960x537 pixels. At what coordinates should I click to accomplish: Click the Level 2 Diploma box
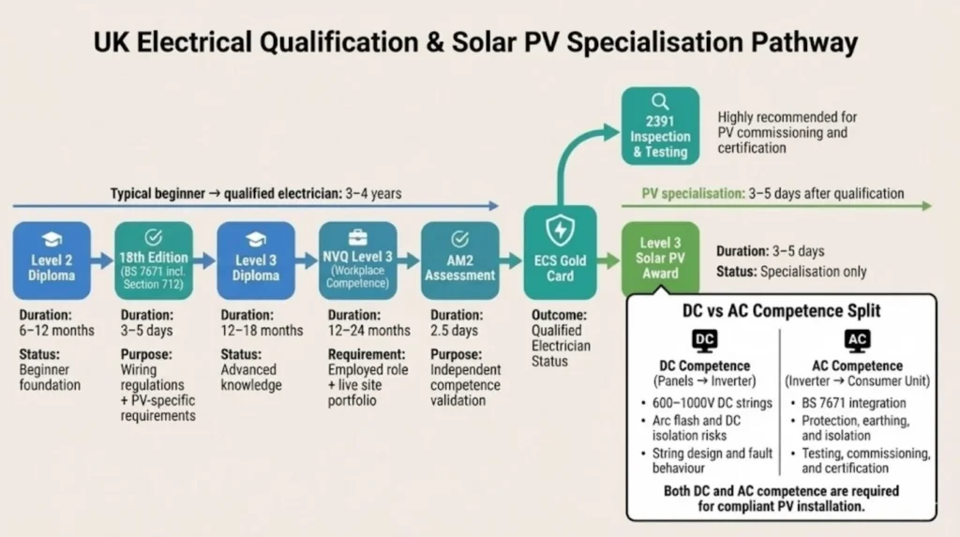click(52, 260)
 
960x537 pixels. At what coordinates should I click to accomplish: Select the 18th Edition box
click(153, 260)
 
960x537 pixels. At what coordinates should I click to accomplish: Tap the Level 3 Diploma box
click(256, 260)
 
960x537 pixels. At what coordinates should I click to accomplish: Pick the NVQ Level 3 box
click(357, 260)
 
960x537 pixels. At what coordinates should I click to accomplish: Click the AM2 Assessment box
click(459, 260)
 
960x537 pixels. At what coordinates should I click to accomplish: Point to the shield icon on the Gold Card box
click(560, 231)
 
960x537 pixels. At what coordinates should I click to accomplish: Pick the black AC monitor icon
click(857, 341)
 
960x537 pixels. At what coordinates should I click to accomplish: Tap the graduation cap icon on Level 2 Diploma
click(52, 238)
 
